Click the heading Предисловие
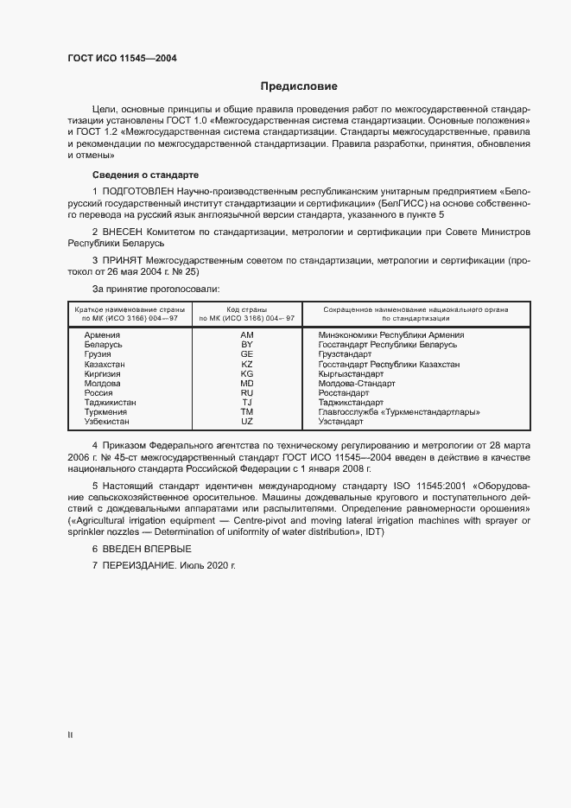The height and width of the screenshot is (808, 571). pos(299,86)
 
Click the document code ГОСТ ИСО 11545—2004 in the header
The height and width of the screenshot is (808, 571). pos(123,58)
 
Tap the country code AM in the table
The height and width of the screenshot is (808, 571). pos(247,335)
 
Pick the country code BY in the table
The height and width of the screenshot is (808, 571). pos(247,345)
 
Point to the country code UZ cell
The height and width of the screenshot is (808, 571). pos(247,421)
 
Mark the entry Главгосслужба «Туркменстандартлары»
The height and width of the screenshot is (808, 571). pos(399,411)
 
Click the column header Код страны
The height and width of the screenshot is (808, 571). pos(247,309)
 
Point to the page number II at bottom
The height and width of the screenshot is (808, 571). pos(69,735)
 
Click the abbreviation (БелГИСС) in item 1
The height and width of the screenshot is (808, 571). pos(402,201)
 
